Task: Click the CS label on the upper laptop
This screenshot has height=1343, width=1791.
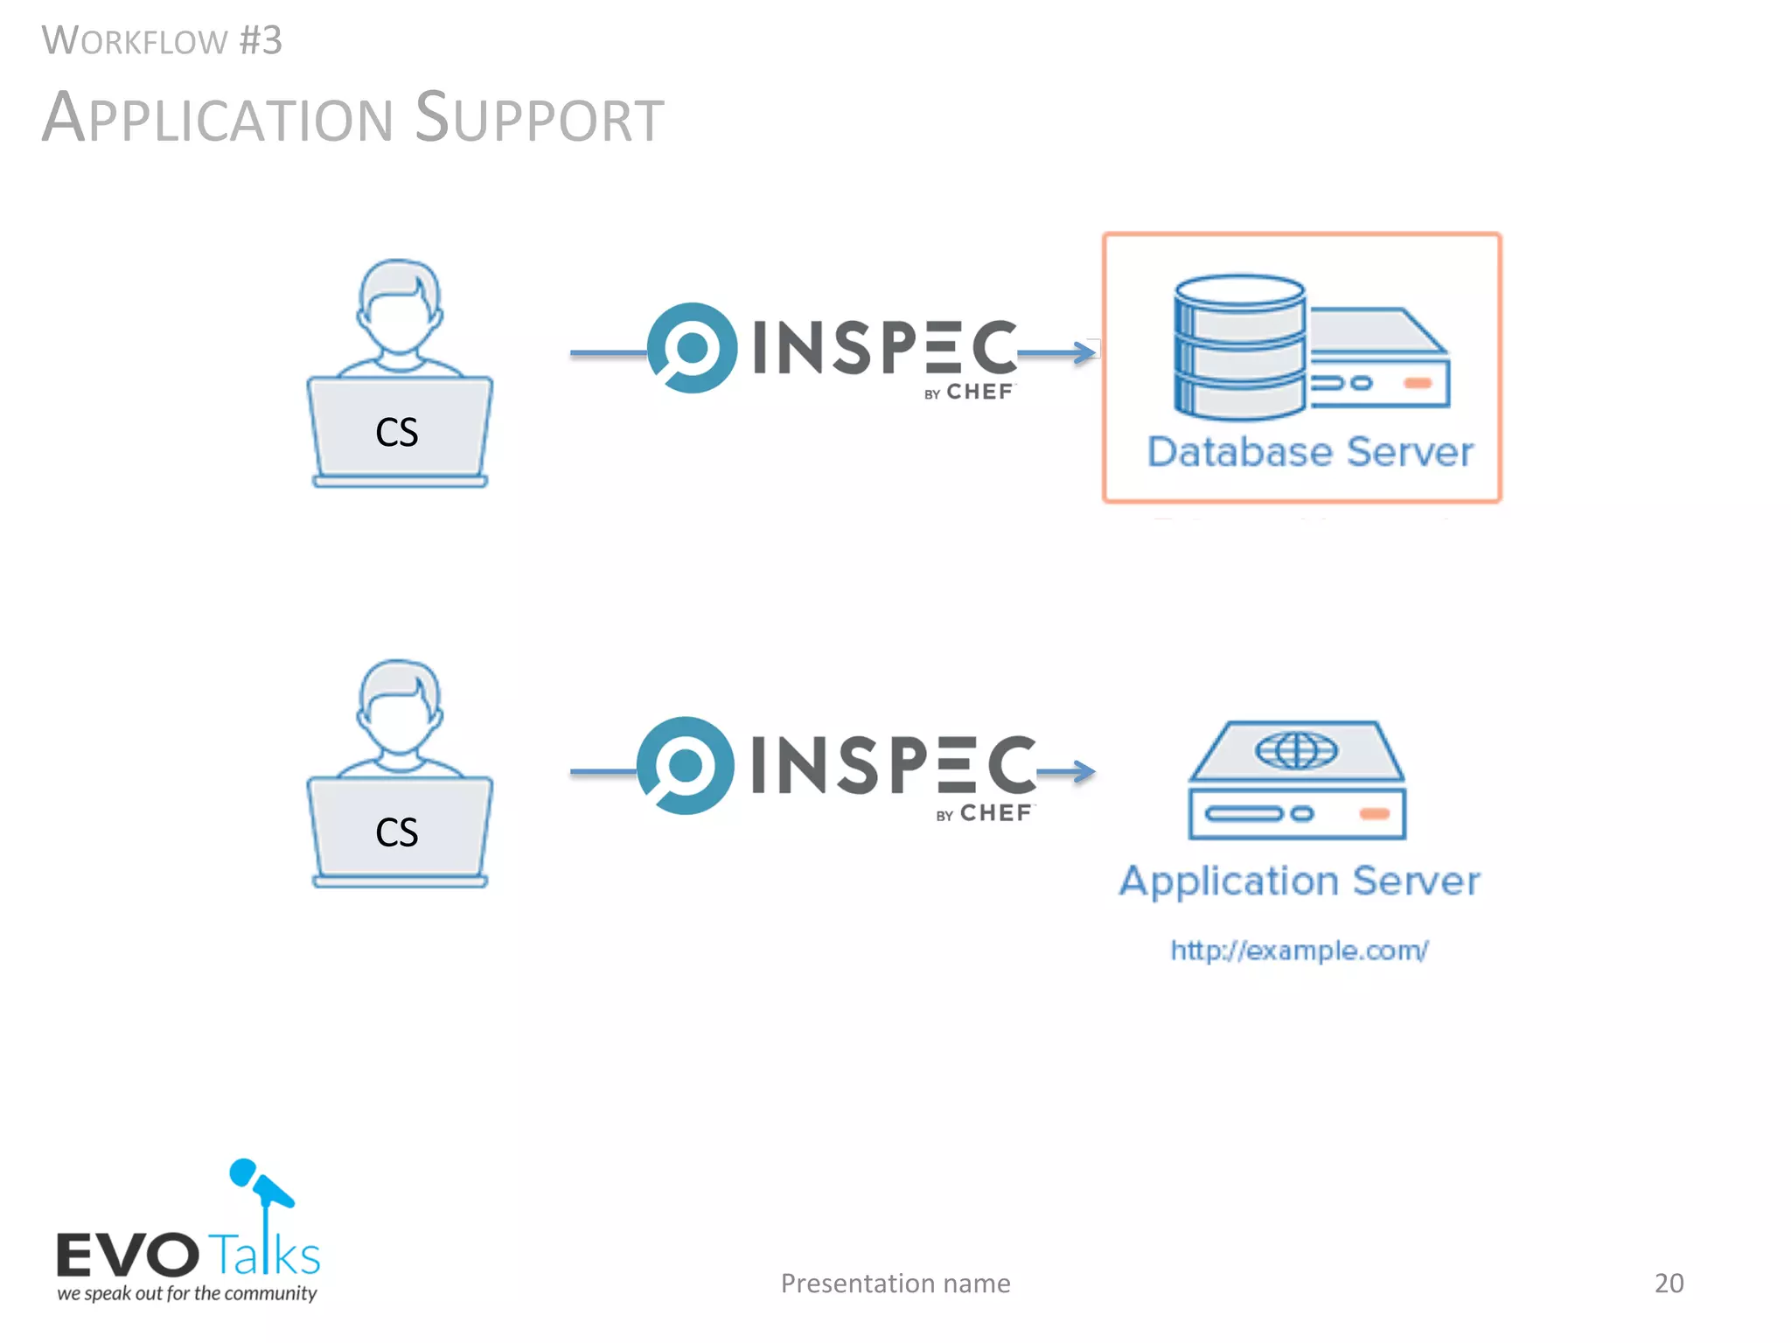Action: coord(397,432)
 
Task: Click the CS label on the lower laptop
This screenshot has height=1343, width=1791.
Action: coord(397,832)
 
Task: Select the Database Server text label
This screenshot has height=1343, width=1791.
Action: coord(1309,452)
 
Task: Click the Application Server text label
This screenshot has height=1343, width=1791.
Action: coord(1300,880)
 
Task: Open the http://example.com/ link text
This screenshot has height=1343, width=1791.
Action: coord(1300,950)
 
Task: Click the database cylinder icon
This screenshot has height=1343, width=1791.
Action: coord(1239,346)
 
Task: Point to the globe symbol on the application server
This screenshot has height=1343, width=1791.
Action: coord(1296,750)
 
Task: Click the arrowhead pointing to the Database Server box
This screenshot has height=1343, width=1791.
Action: coord(1086,352)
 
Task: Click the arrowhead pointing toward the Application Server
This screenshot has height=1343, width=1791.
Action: coord(1084,771)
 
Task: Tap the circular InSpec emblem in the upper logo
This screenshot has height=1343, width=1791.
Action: coord(692,348)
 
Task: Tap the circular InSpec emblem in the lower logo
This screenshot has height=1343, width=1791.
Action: coord(685,766)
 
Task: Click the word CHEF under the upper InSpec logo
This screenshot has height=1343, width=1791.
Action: coord(979,392)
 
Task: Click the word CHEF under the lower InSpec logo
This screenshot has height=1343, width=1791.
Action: coord(995,814)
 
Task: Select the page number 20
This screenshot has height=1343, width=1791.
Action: coord(1669,1283)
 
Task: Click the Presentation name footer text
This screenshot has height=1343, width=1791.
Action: coord(895,1283)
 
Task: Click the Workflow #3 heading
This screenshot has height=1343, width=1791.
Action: coord(162,41)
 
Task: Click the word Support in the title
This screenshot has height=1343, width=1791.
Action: coord(539,118)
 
